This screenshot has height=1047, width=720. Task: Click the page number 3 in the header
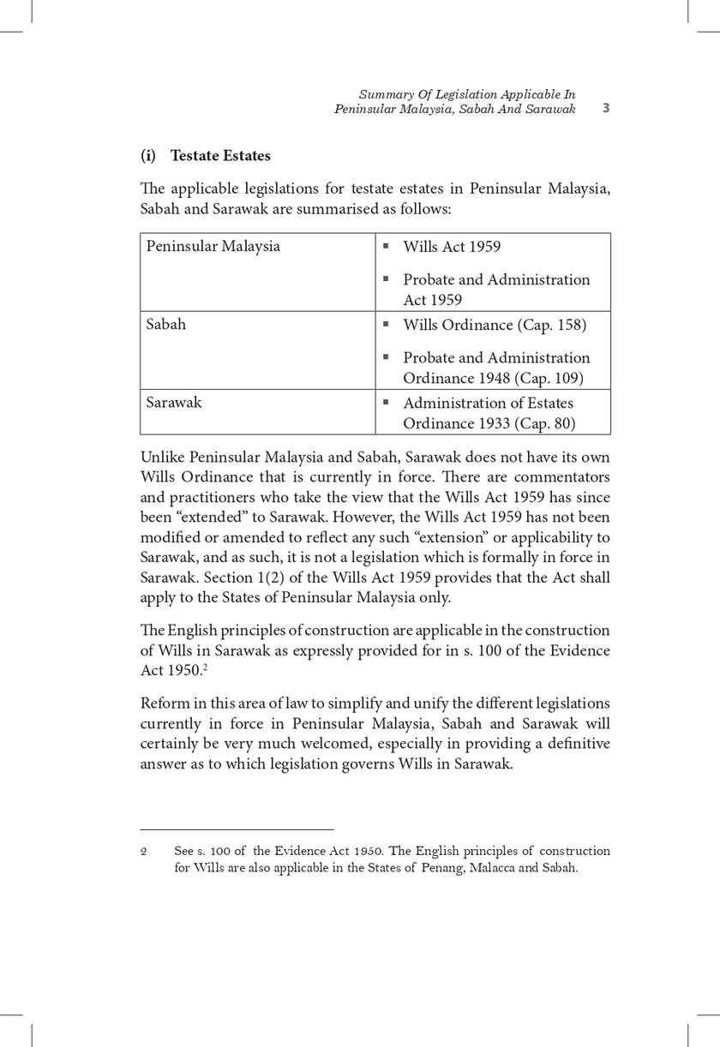(x=605, y=108)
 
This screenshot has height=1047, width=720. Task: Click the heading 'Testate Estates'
(x=220, y=156)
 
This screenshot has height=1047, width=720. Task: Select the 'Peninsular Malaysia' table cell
(x=213, y=247)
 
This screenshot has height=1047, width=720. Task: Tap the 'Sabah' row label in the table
(x=166, y=325)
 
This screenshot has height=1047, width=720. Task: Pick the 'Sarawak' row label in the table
(x=174, y=403)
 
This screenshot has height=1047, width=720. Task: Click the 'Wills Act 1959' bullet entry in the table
(x=452, y=247)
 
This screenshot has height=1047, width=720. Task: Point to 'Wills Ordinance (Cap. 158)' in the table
(x=495, y=325)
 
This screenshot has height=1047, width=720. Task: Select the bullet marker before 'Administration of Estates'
(x=387, y=402)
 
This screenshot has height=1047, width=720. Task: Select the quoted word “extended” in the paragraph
(x=212, y=518)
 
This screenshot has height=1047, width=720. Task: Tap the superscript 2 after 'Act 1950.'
(x=204, y=667)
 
